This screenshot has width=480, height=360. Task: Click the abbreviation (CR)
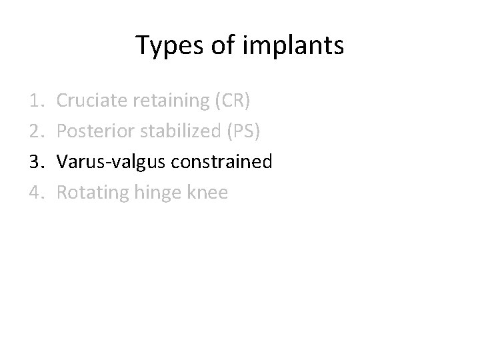click(231, 101)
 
